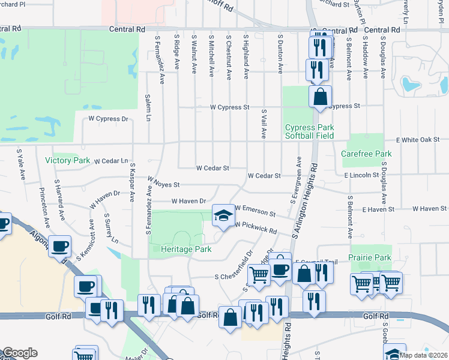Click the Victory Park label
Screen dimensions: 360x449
(67, 160)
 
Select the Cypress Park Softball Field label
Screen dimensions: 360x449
(309, 131)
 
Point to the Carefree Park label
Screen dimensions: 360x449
(366, 154)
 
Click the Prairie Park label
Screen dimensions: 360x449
(370, 257)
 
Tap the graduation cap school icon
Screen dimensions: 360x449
(223, 215)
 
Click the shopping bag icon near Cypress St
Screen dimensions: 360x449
(321, 96)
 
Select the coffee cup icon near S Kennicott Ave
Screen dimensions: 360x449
(60, 246)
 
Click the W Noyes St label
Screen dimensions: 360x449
(163, 182)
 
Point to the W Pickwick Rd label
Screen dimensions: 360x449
(256, 228)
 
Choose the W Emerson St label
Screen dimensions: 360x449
(255, 211)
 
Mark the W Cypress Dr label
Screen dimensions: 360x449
(109, 119)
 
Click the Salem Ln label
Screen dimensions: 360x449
(148, 107)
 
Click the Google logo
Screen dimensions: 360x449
(20, 353)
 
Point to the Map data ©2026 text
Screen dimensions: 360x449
(423, 355)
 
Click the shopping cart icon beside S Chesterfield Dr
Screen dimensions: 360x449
(259, 275)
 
